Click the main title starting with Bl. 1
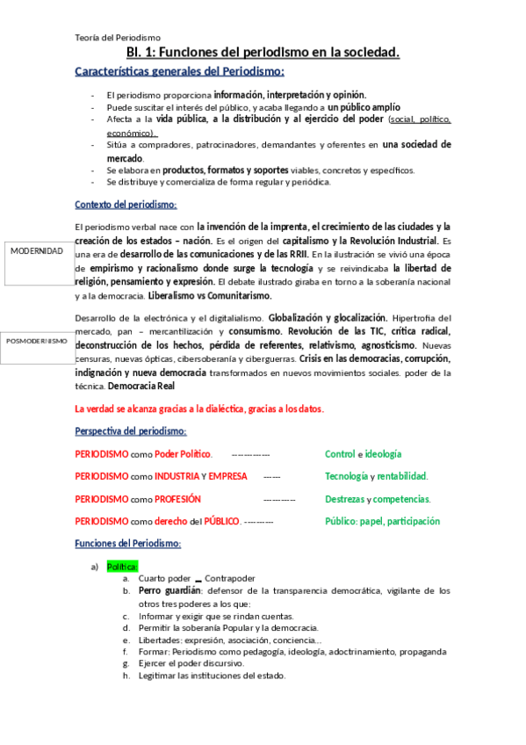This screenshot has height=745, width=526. [x=263, y=53]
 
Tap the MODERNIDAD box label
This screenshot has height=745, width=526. [x=37, y=250]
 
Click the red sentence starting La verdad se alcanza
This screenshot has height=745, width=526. [x=199, y=409]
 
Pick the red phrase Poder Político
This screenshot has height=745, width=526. [x=183, y=454]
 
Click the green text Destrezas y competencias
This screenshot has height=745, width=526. [x=378, y=499]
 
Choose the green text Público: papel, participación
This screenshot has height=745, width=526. [x=382, y=521]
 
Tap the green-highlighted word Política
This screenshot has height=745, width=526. [x=122, y=567]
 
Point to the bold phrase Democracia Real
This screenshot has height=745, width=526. [x=141, y=387]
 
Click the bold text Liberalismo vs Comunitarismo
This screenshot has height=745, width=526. [x=210, y=296]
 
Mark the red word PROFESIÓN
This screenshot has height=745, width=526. [x=178, y=499]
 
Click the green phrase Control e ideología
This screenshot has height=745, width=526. [x=363, y=454]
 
